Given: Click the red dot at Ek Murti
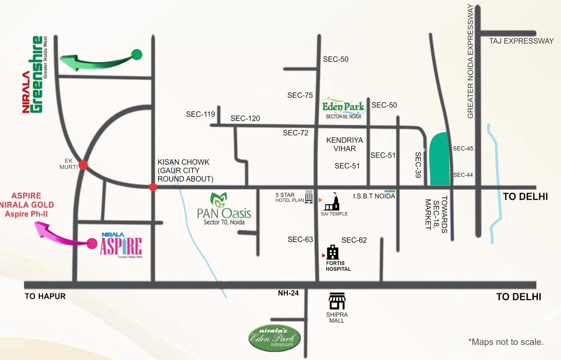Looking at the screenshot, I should coord(83,165).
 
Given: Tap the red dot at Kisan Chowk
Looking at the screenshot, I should coord(153,187).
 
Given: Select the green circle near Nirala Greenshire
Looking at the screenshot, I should coord(137,54).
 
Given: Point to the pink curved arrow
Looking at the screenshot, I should coord(61,234).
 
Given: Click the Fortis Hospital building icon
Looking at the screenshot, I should coord(333,253).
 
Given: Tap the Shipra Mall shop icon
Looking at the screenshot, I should coord(337,300).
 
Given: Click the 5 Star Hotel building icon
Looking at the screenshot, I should coord(309,197).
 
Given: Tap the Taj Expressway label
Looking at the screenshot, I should coord(522,41).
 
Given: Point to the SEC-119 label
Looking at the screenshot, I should coord(200,114).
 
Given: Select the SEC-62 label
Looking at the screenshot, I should coord(354,240).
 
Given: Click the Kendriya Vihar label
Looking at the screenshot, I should coord(345,144).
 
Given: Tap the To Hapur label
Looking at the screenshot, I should coord(45,296).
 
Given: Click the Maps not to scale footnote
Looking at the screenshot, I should coord(506,342).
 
